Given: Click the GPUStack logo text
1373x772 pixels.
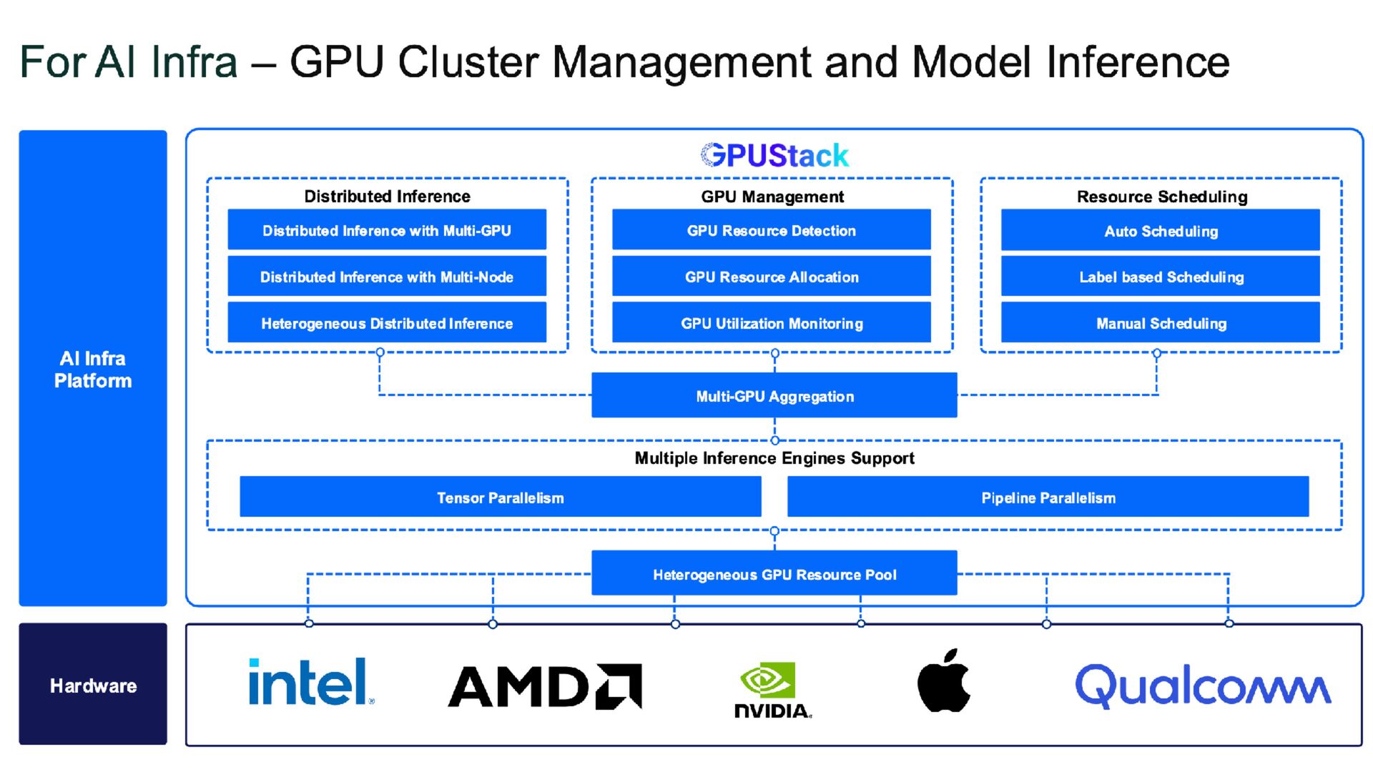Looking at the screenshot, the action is click(774, 155).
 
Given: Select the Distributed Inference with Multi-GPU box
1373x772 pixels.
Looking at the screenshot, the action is click(387, 229).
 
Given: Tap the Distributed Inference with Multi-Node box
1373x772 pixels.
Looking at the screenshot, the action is click(387, 276).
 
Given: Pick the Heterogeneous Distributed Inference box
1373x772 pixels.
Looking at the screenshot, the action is click(387, 322).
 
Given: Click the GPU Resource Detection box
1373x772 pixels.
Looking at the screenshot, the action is click(772, 229).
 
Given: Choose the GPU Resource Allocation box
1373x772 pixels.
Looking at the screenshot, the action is click(772, 276).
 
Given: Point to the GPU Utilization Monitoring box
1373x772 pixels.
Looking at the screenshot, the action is click(772, 322).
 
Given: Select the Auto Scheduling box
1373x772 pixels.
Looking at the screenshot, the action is click(1161, 229).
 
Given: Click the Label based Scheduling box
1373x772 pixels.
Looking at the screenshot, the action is click(1161, 276).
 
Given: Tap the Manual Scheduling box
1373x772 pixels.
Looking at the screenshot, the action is click(1161, 322).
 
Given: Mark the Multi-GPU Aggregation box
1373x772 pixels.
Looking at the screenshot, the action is click(774, 395).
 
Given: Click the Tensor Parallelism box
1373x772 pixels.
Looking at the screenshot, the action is click(501, 497).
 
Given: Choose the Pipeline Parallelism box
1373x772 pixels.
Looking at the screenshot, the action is click(1048, 497).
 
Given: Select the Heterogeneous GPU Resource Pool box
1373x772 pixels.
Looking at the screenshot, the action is click(774, 573).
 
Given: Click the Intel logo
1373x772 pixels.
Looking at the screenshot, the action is click(311, 682).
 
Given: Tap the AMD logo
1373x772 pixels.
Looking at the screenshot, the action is click(545, 686).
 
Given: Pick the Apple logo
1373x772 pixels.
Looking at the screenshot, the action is click(944, 681).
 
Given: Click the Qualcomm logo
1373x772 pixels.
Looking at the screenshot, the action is click(1204, 686).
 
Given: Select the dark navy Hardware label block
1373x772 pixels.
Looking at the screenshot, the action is click(93, 684).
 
